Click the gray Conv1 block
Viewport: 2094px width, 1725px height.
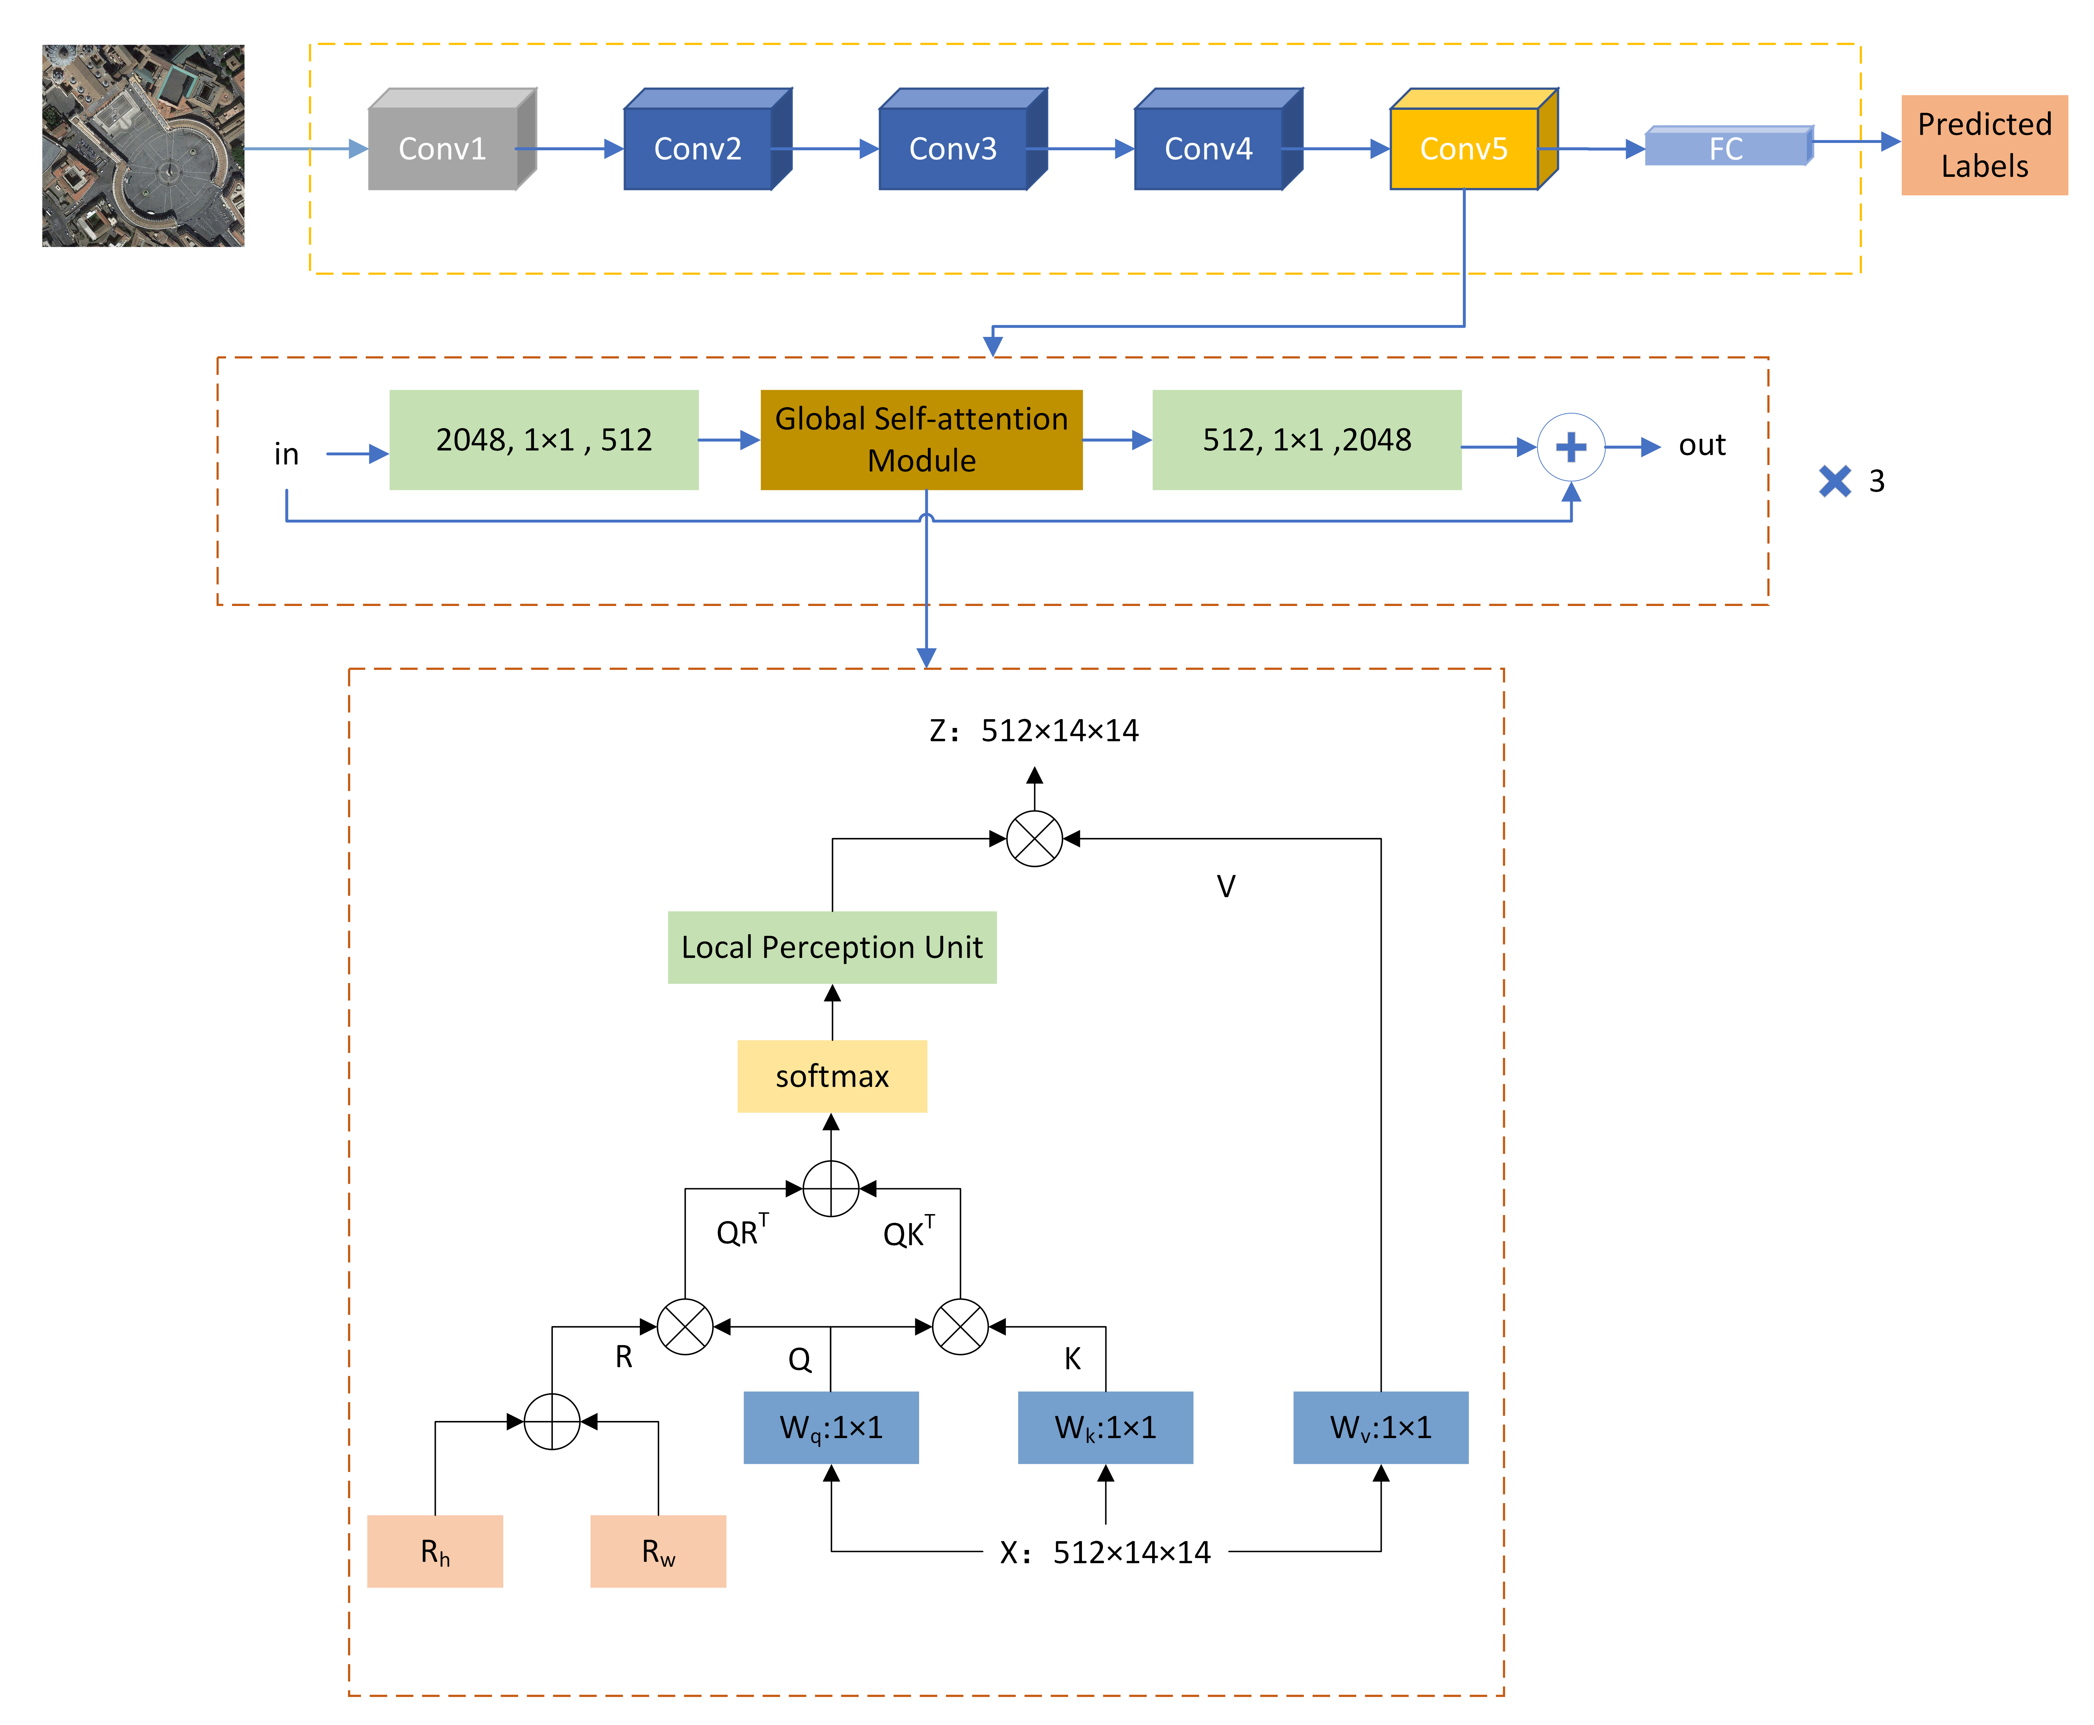point(443,148)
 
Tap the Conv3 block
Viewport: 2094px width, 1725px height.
point(953,148)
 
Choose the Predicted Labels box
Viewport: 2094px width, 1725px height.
point(1984,145)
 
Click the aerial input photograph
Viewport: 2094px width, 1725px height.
point(143,145)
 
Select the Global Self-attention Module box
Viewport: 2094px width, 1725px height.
point(921,439)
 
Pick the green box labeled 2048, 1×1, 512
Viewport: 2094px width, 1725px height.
point(543,439)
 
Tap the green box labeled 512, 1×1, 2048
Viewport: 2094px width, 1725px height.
point(1306,439)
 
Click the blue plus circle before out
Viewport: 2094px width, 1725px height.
point(1571,447)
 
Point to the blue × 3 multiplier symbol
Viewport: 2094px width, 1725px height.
point(1835,481)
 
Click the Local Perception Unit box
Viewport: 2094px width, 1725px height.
point(831,947)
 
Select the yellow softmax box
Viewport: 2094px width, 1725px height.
point(831,1076)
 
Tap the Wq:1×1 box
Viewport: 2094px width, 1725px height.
point(830,1427)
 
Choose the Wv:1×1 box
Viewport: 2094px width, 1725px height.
point(1380,1427)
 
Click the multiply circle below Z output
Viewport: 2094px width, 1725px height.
point(1034,839)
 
